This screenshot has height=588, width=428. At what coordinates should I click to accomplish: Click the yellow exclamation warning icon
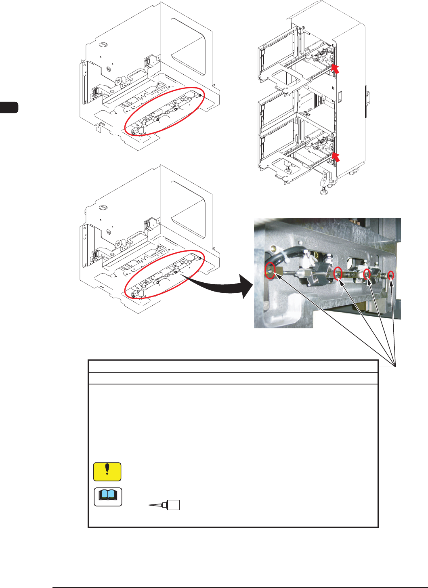coord(107,472)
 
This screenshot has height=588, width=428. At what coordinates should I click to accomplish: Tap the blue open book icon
coord(108,497)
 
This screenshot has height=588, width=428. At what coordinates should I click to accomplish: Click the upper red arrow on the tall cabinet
coord(335,68)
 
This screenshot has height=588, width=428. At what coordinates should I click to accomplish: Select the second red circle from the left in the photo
coord(338,273)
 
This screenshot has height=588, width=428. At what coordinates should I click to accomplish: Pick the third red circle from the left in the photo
coord(367,274)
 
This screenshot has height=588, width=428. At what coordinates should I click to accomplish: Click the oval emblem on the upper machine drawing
coord(103,45)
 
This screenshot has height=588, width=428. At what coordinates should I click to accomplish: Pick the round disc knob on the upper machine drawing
coord(118,81)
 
